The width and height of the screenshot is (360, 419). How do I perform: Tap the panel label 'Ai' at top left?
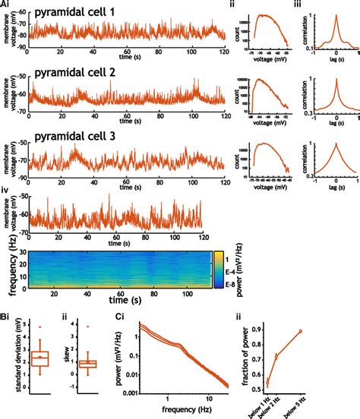coord(7,5)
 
